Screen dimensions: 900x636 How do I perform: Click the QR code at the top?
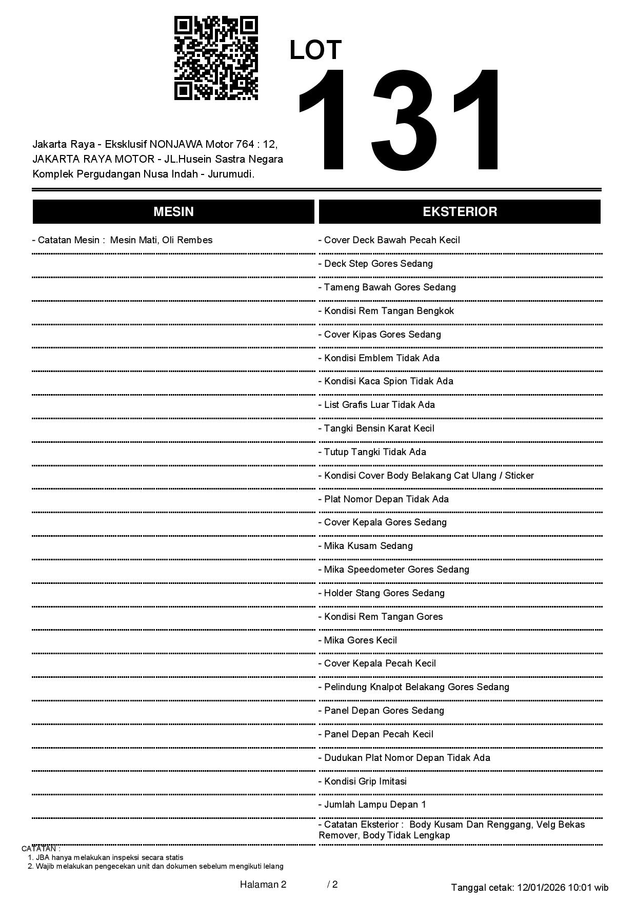pyautogui.click(x=216, y=58)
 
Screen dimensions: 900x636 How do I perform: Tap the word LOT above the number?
pyautogui.click(x=315, y=50)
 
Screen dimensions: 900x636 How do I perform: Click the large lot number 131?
pyautogui.click(x=399, y=120)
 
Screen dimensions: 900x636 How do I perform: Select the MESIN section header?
pyautogui.click(x=173, y=211)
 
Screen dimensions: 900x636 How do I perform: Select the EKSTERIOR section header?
pyautogui.click(x=460, y=211)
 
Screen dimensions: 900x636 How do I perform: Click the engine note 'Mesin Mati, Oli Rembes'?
pyautogui.click(x=161, y=240)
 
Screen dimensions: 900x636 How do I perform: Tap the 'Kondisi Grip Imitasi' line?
pyautogui.click(x=365, y=781)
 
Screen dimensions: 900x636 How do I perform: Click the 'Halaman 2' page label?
pyautogui.click(x=263, y=884)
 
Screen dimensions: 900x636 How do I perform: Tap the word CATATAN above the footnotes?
pyautogui.click(x=40, y=849)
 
